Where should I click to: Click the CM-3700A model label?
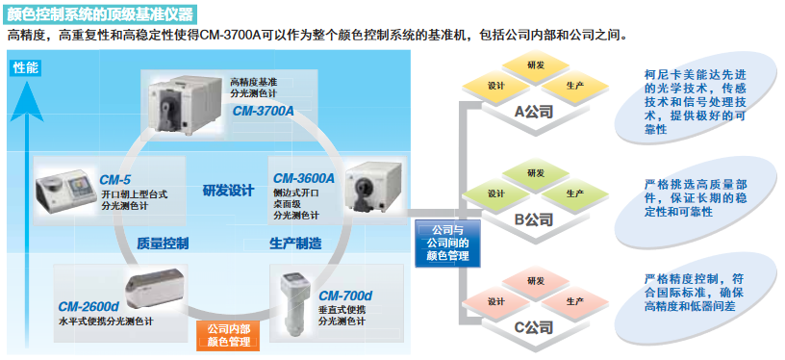point(263,111)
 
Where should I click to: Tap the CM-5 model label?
point(115,179)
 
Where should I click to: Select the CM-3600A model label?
point(303,178)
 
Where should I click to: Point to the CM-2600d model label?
point(88,307)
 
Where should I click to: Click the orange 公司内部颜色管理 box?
point(228,335)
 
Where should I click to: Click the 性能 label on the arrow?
point(26,68)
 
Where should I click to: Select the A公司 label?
point(533,112)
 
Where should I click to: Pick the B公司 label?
point(533,219)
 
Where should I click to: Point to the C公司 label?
point(532,327)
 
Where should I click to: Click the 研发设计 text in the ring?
point(228,190)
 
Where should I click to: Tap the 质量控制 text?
point(163,243)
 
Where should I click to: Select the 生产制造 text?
point(294,243)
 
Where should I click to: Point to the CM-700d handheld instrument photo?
point(291,299)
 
